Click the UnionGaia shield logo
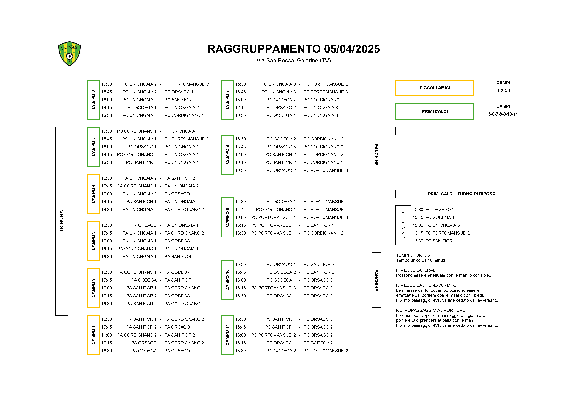[69, 54]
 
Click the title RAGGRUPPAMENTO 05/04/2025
[294, 49]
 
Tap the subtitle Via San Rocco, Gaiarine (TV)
[294, 61]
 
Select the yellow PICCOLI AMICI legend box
[435, 88]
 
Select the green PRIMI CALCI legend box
[435, 111]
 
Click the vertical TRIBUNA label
[61, 221]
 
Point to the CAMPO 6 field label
[93, 100]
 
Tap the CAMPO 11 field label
[227, 335]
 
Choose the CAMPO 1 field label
[93, 335]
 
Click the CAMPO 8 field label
[227, 154]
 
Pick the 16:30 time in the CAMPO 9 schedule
[240, 233]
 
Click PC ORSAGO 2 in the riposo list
[440, 210]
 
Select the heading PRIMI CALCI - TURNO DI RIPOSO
[461, 194]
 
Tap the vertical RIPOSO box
[403, 225]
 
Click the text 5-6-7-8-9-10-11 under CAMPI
[503, 114]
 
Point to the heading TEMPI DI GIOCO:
[413, 255]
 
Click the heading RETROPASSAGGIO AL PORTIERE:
[431, 310]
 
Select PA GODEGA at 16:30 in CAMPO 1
[144, 351]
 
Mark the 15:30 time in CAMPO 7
[240, 84]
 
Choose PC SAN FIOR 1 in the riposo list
[440, 241]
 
